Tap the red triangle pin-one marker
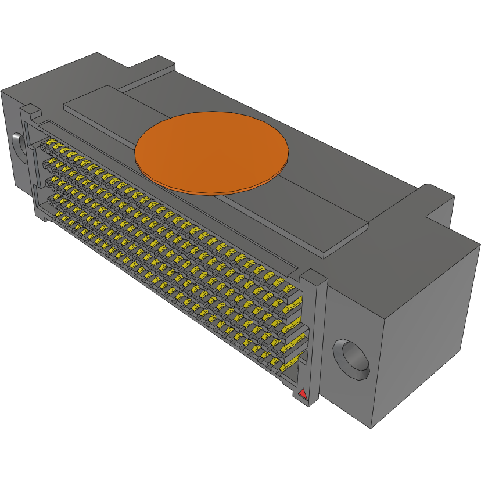coord(302,395)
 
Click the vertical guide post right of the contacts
coord(314,337)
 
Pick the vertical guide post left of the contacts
coord(33,163)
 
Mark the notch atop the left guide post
coord(30,110)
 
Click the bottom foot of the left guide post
coord(44,218)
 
